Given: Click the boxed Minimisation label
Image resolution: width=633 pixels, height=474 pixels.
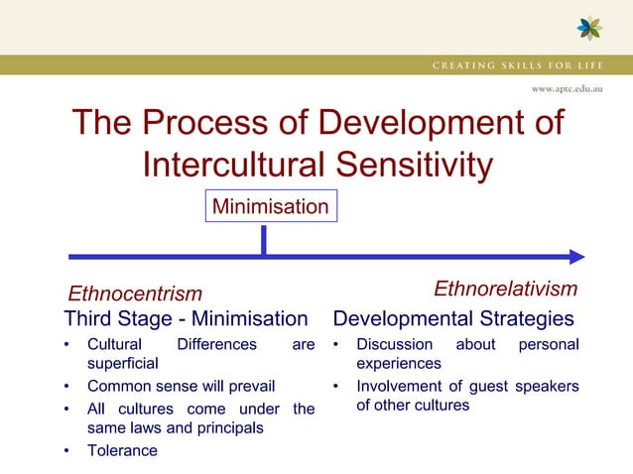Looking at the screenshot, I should (x=271, y=206).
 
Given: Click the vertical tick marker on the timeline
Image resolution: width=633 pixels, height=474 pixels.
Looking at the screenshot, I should (x=263, y=241).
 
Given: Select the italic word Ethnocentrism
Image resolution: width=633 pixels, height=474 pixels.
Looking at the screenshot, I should (x=134, y=294).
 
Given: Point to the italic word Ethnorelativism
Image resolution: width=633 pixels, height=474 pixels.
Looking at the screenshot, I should (x=505, y=289).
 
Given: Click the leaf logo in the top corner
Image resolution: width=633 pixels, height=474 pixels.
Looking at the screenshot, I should (x=589, y=28).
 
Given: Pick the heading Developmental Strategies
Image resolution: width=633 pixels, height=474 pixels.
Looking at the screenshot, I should (x=453, y=319).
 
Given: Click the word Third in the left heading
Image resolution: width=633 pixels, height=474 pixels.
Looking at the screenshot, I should (x=90, y=319).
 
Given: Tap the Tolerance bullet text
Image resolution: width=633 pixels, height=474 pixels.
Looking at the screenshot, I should (x=122, y=450).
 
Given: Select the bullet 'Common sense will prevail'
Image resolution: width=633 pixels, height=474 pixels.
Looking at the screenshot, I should (x=181, y=386).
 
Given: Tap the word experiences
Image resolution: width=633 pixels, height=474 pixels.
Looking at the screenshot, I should (x=399, y=364).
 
